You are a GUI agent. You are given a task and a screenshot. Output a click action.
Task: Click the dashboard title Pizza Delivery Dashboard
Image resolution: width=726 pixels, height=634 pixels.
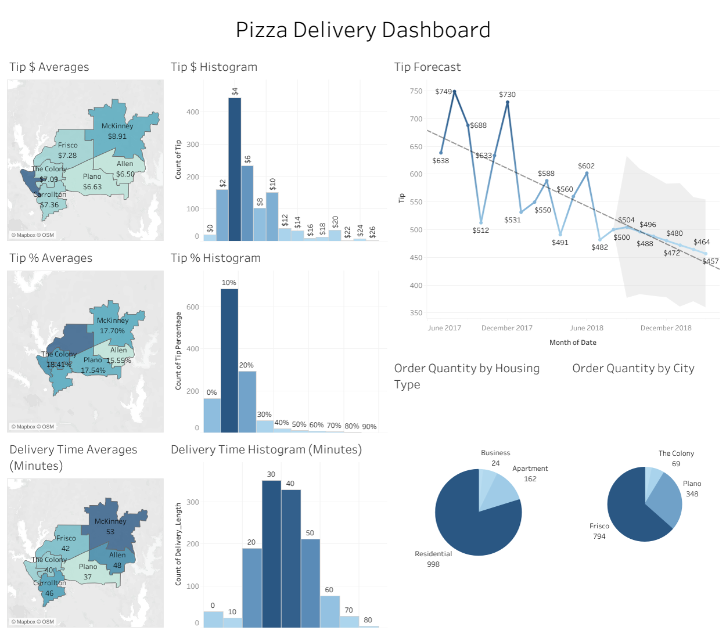(x=363, y=30)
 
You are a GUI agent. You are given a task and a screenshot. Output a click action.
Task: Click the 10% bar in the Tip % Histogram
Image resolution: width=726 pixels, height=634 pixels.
(x=229, y=360)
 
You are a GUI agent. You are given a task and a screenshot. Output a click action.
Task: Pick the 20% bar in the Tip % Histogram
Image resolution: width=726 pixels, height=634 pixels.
(x=247, y=401)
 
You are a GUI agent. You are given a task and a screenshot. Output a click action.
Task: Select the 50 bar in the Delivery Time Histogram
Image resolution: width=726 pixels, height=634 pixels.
(x=310, y=581)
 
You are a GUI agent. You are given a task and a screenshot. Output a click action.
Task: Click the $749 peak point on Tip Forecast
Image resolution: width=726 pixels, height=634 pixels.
(x=454, y=92)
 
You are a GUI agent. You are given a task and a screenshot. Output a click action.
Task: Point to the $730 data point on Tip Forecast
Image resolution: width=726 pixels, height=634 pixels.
(x=508, y=103)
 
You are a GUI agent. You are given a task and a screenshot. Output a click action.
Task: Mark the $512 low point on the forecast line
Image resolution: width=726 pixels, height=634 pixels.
(x=481, y=222)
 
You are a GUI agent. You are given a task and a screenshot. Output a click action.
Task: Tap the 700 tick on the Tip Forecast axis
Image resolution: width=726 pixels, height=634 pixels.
(x=416, y=119)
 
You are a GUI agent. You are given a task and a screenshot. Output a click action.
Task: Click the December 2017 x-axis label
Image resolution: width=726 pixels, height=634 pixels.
(x=506, y=328)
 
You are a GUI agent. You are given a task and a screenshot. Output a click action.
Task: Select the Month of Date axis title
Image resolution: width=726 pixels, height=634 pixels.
(x=573, y=343)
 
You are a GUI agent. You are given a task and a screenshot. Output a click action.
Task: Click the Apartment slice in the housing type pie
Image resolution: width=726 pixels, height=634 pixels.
(x=502, y=491)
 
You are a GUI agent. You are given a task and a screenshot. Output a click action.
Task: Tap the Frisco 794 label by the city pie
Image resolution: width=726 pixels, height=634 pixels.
(x=599, y=531)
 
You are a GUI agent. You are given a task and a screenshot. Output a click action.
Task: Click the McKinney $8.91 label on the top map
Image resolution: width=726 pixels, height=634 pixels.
(x=117, y=131)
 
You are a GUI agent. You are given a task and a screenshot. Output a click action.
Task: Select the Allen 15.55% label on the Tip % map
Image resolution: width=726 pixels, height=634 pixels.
(x=118, y=355)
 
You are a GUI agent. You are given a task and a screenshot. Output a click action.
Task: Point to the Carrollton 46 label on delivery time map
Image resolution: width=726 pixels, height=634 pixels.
(x=49, y=588)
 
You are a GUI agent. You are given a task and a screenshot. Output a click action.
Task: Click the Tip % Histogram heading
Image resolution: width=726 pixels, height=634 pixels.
(x=215, y=258)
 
